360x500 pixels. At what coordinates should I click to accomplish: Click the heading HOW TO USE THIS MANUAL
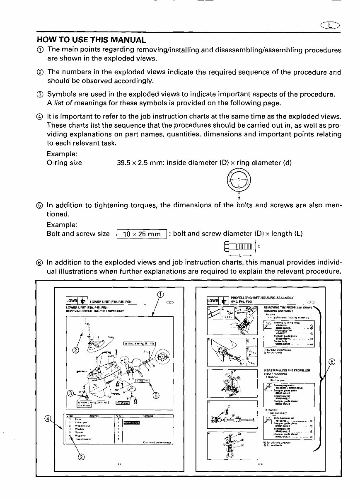tap(91, 40)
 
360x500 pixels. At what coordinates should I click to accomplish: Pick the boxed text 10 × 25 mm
tap(142, 234)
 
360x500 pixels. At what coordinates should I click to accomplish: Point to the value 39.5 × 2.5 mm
tap(140, 163)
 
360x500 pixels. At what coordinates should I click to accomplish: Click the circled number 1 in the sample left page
tap(160, 295)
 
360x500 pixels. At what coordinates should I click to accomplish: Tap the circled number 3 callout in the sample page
tap(71, 393)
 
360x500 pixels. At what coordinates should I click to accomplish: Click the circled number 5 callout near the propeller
tap(156, 395)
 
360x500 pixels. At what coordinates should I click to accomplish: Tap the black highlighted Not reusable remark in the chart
tap(132, 423)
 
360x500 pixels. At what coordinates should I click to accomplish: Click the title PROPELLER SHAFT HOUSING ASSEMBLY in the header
tap(262, 297)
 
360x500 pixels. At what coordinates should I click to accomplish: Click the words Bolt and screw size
tap(78, 234)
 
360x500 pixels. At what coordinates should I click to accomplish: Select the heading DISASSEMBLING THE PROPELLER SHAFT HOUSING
tap(287, 371)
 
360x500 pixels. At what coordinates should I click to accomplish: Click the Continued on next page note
tap(157, 442)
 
